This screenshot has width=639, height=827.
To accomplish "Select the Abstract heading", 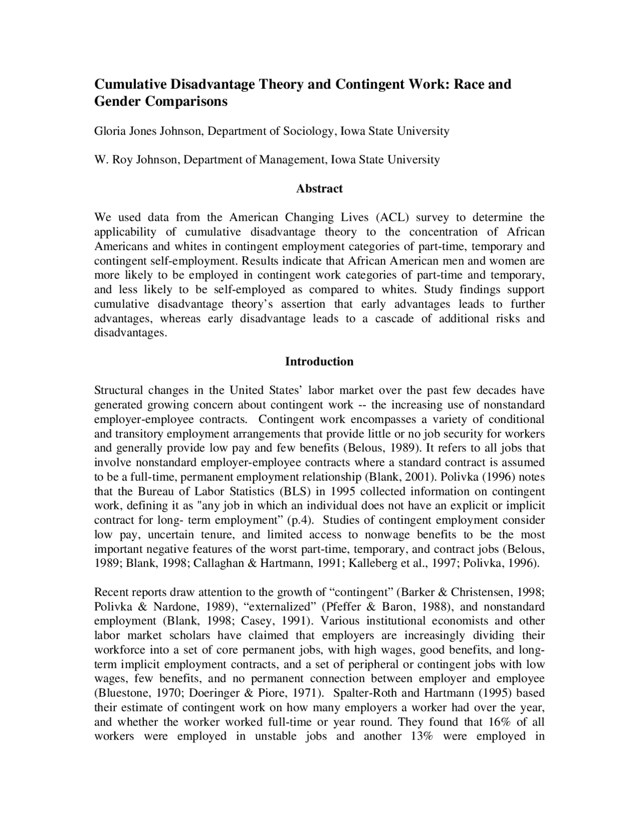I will click(x=319, y=189).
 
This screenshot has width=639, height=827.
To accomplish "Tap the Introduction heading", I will click(x=319, y=362).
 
